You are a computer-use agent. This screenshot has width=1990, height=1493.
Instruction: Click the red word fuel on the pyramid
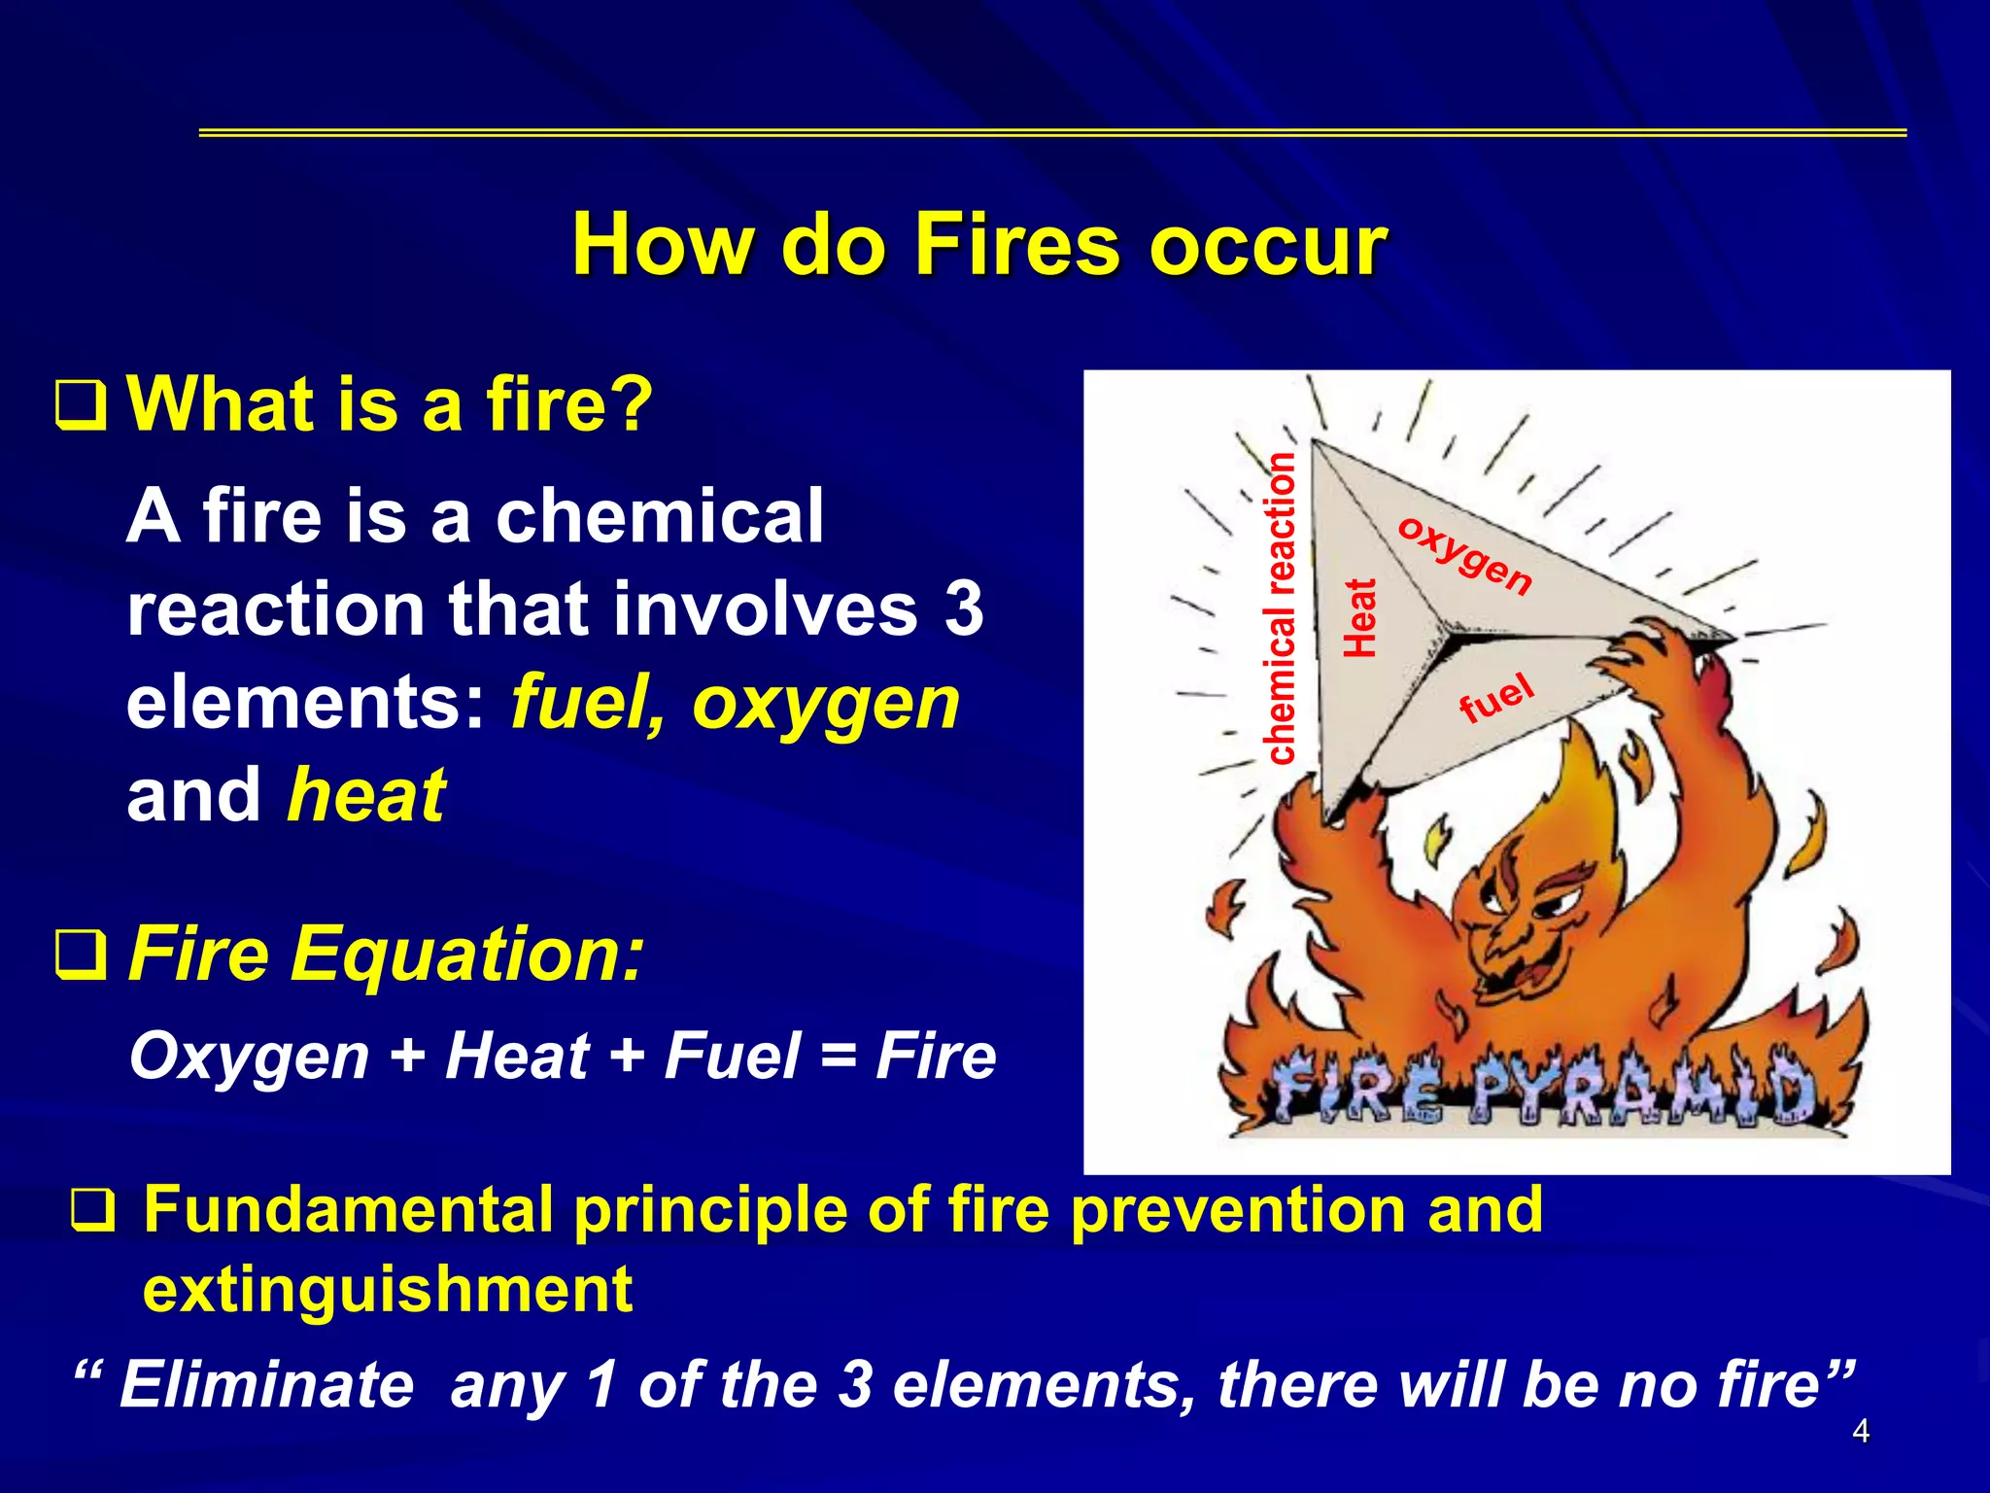pos(1496,698)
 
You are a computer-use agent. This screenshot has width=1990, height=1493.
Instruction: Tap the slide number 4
pos(1861,1431)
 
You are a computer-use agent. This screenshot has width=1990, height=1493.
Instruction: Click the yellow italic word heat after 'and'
pos(366,795)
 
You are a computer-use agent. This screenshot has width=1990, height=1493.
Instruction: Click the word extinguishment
pos(388,1289)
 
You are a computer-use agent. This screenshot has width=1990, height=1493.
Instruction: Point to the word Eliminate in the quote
pos(267,1384)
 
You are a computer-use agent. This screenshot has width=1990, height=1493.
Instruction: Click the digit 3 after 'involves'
pos(963,609)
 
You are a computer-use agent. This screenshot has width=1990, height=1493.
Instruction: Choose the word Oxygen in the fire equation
pos(250,1057)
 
